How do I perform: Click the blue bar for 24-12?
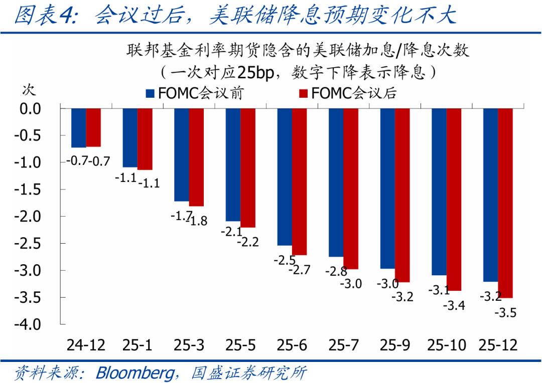(x=79, y=128)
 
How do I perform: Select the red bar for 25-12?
(x=505, y=203)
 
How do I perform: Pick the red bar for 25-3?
(x=196, y=157)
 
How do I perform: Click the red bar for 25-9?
(x=402, y=195)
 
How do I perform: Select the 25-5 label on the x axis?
(x=240, y=345)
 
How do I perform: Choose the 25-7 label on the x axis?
(x=343, y=345)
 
